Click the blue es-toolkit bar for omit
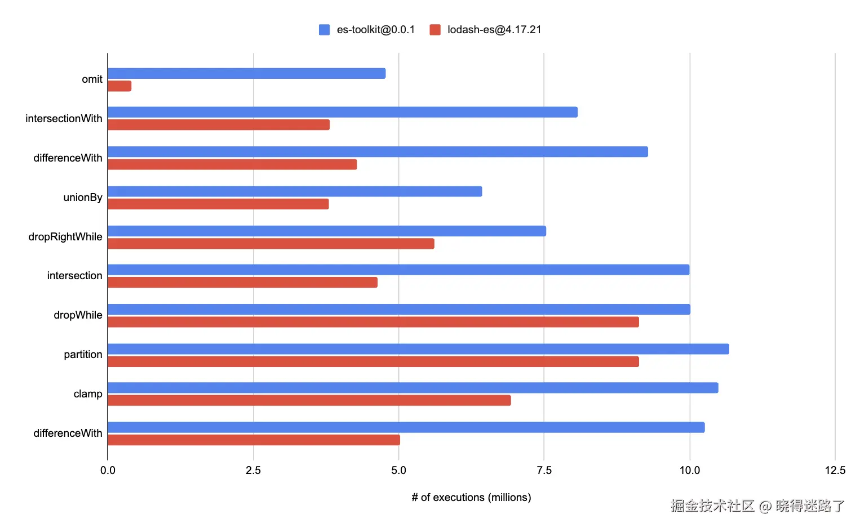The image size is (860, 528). (246, 74)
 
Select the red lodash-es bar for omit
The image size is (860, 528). (119, 86)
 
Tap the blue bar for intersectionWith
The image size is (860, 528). (343, 113)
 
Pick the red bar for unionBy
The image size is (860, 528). (218, 204)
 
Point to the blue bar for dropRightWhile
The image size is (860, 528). (327, 231)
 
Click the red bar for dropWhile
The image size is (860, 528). (373, 322)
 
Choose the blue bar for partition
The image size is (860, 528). (418, 349)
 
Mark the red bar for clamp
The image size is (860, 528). (309, 400)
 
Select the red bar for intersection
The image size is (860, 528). (242, 282)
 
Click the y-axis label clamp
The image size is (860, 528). (88, 394)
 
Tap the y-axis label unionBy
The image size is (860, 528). (83, 198)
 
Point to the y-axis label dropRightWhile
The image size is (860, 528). (65, 237)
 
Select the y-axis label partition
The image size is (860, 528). (83, 355)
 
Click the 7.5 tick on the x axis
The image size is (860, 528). (544, 471)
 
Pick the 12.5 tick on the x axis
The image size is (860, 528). (835, 471)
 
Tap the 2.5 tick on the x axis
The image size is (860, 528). (253, 471)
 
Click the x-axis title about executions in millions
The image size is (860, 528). (471, 498)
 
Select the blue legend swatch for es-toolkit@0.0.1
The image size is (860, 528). (324, 30)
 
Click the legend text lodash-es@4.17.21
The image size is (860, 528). (494, 30)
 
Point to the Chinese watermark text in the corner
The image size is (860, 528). (757, 506)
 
